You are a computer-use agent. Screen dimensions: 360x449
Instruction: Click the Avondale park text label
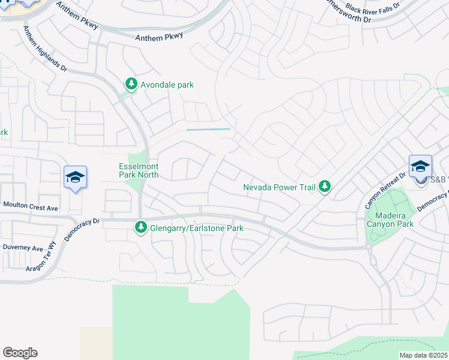[167, 85]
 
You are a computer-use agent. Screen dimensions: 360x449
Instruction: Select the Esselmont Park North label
[138, 170]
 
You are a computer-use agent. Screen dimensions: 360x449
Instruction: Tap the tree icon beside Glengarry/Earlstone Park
[140, 227]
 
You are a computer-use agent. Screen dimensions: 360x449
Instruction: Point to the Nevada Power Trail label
[279, 187]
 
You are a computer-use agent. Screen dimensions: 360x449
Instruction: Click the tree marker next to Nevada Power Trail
[325, 187]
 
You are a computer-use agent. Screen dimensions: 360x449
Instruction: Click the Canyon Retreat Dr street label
[386, 190]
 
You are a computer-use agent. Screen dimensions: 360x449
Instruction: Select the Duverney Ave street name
[23, 248]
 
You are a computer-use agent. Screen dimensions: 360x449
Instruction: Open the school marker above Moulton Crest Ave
[75, 177]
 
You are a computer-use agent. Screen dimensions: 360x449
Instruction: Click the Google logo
[20, 353]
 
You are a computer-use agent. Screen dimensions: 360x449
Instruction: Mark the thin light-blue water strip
[208, 129]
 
